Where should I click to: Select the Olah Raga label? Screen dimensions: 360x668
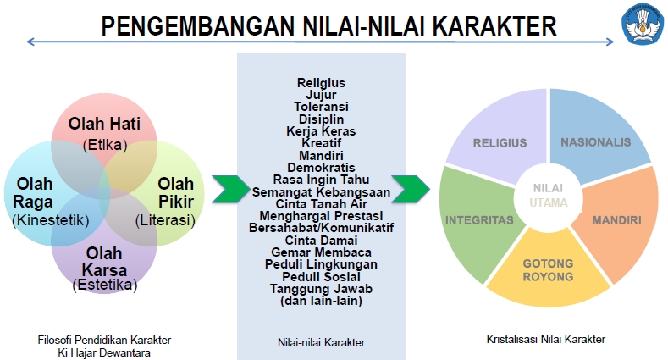click(33, 192)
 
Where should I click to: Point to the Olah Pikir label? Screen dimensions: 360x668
click(175, 192)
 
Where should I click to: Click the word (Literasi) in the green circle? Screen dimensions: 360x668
click(165, 220)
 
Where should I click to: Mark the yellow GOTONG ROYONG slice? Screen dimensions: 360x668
click(548, 270)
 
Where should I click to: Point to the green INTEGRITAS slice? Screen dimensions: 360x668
click(479, 219)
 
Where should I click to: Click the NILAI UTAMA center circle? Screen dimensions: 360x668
click(549, 195)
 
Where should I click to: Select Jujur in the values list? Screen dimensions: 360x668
click(321, 95)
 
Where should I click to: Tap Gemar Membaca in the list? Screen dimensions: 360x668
click(321, 252)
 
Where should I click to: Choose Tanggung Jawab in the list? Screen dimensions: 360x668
click(321, 288)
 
